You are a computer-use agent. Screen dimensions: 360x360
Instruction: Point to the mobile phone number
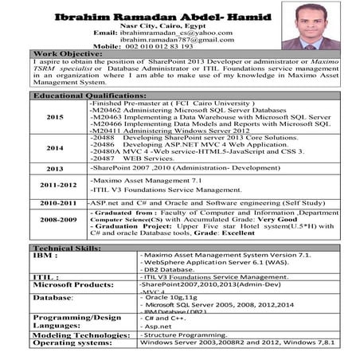[159, 46]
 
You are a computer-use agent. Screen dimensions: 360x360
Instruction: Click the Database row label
[52, 297]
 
